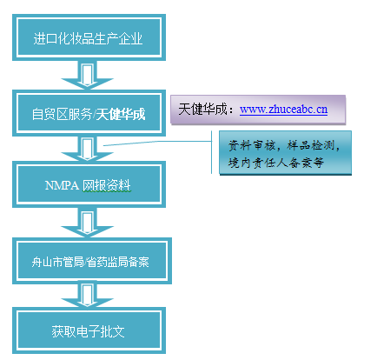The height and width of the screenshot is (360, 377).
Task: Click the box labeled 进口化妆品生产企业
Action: tap(89, 37)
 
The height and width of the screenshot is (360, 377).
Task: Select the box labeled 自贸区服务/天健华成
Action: tap(89, 113)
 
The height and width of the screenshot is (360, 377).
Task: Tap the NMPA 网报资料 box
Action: tap(89, 184)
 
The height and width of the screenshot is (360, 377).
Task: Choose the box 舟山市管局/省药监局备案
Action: tap(92, 261)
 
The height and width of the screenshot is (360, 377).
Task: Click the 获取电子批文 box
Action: tap(89, 330)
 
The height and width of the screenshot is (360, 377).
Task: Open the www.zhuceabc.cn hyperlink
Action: tap(283, 110)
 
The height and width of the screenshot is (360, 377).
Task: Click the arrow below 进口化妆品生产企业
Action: tap(87, 75)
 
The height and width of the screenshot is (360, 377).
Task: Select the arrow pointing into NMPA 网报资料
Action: tap(87, 149)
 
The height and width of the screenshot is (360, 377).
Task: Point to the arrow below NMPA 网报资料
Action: tap(87, 223)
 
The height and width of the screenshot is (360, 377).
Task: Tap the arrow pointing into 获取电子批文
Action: tap(87, 296)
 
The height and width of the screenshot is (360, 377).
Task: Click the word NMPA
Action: tap(62, 185)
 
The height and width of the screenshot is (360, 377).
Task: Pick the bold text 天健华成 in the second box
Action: tap(121, 114)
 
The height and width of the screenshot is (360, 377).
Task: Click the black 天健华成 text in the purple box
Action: tap(202, 110)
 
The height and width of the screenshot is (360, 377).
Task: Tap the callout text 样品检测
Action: tap(311, 145)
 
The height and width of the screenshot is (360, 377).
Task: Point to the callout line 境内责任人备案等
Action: tap(275, 163)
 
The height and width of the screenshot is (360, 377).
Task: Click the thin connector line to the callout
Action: tap(157, 143)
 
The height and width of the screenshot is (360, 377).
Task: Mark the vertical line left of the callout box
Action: tap(212, 152)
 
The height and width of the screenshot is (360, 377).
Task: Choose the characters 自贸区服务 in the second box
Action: tap(62, 114)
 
